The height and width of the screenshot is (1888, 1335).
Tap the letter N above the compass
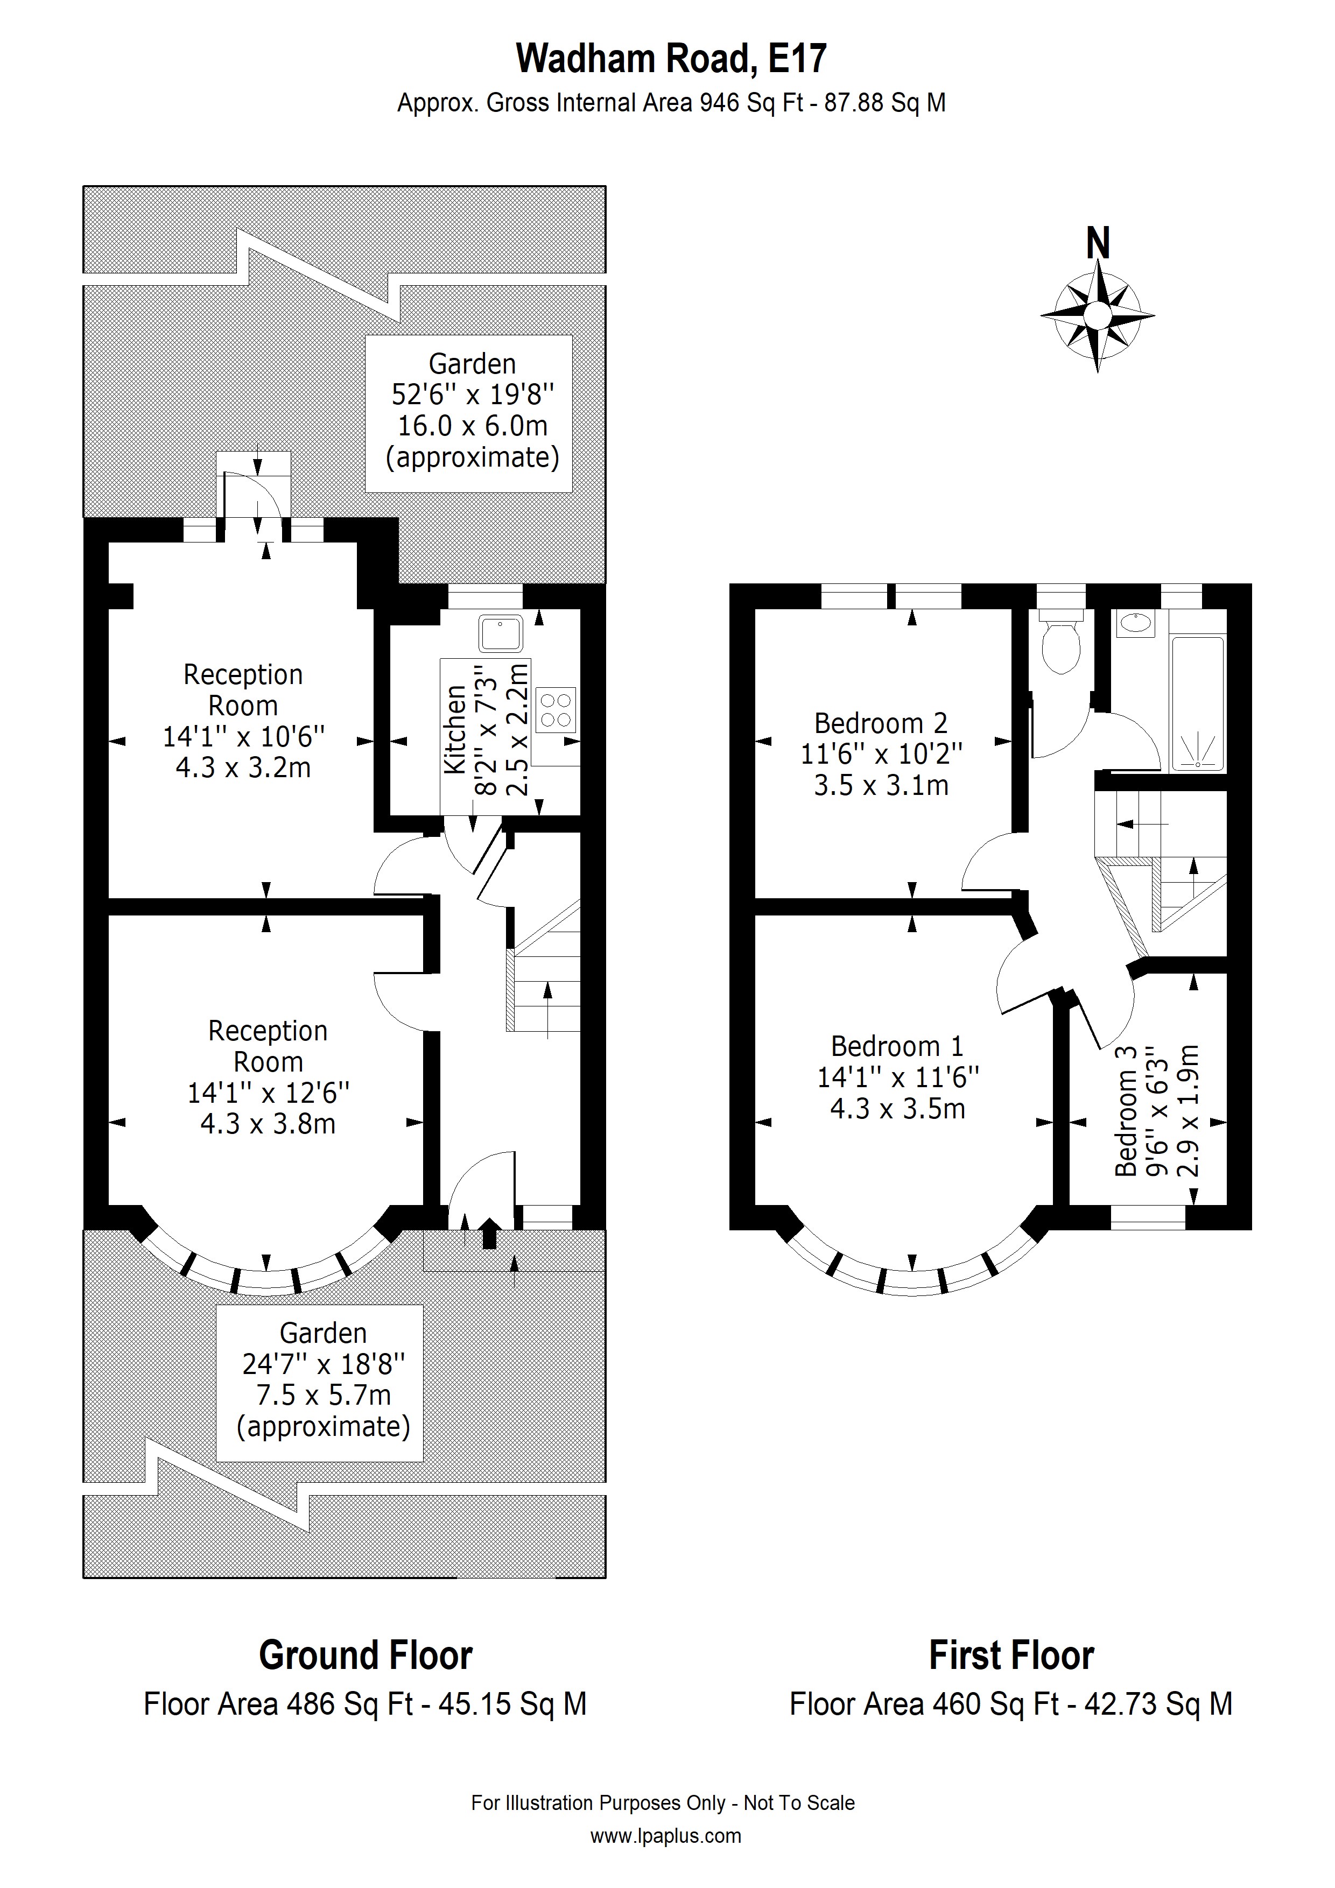pos(1098,243)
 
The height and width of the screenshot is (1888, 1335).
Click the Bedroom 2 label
pos(881,724)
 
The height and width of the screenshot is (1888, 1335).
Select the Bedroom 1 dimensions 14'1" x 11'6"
pos(898,1077)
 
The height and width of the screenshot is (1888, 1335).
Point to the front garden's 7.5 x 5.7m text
pos(324,1396)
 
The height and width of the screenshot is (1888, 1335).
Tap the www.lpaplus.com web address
pos(665,1836)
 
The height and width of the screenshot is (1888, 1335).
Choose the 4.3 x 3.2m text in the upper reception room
pos(243,768)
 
